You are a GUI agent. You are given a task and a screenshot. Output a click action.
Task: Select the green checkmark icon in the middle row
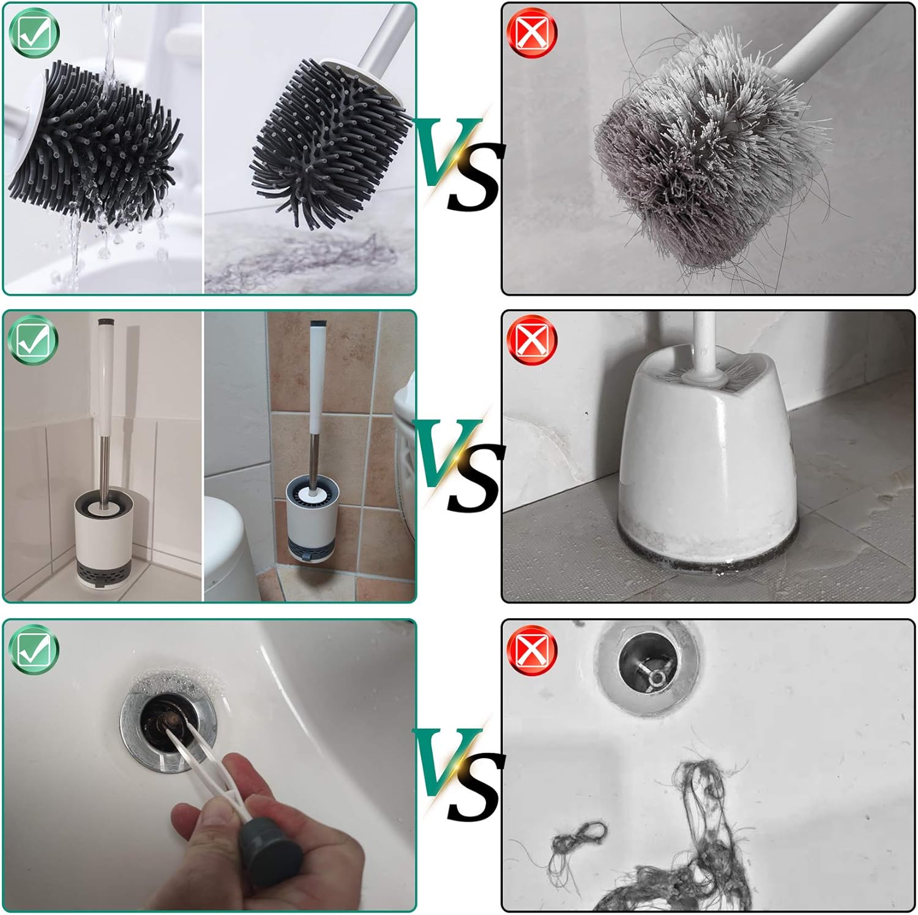tap(34, 340)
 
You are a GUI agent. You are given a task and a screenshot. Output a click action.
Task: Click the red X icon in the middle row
tap(532, 340)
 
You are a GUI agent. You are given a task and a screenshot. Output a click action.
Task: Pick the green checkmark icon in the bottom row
tap(34, 649)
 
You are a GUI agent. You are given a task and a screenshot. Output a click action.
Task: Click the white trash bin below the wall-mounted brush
tap(229, 551)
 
